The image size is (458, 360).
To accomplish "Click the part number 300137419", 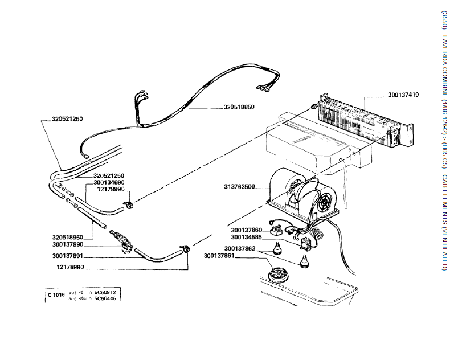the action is [x=403, y=95].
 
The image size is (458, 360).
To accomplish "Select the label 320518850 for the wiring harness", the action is [x=239, y=107].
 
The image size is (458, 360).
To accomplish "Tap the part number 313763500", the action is [x=239, y=187].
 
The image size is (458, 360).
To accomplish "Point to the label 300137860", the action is [x=247, y=230].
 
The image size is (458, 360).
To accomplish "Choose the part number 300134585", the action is [x=247, y=238].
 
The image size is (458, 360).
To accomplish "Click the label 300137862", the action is [x=240, y=249].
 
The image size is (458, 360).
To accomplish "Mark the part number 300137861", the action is [x=219, y=256].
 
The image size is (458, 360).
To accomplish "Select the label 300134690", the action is [x=109, y=182].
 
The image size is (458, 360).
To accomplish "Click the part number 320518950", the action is [x=67, y=238].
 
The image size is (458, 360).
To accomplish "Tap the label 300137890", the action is [x=68, y=244].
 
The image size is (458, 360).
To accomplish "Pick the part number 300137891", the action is [x=68, y=256].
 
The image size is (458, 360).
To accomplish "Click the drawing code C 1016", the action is [x=56, y=295].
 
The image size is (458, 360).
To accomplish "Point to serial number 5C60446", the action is [x=105, y=298].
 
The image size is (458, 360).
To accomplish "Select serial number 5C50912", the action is [x=105, y=292].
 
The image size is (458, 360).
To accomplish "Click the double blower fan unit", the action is [x=304, y=194].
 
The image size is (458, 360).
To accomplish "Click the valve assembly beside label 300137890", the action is [x=121, y=240].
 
